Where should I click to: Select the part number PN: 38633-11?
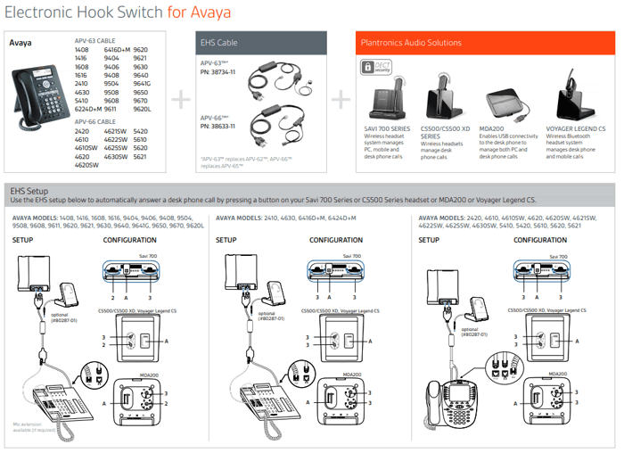pos(218,127)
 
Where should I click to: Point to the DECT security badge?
pos(371,68)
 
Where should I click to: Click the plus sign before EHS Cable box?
pos(181,100)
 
